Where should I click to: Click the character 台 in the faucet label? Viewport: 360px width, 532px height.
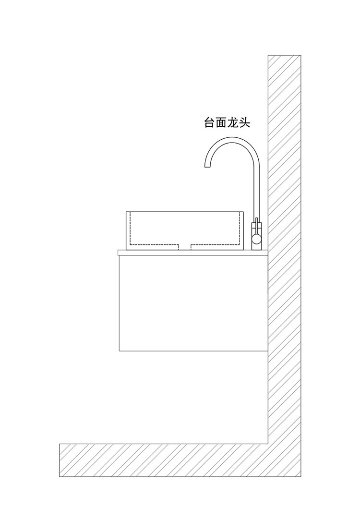tap(210, 123)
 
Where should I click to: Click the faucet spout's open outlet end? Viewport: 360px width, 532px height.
tap(207, 166)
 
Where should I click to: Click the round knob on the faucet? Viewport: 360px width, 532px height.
tap(257, 238)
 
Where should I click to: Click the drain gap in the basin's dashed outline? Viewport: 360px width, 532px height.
tap(185, 247)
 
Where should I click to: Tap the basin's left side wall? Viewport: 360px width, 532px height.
tap(128, 230)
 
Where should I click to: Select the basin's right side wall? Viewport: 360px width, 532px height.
tap(241, 230)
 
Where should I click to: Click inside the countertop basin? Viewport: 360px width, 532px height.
tap(185, 228)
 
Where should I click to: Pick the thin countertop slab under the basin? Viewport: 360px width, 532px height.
tap(192, 253)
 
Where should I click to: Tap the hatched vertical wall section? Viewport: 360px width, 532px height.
tap(284, 240)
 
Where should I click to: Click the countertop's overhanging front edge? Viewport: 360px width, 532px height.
tap(119, 253)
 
